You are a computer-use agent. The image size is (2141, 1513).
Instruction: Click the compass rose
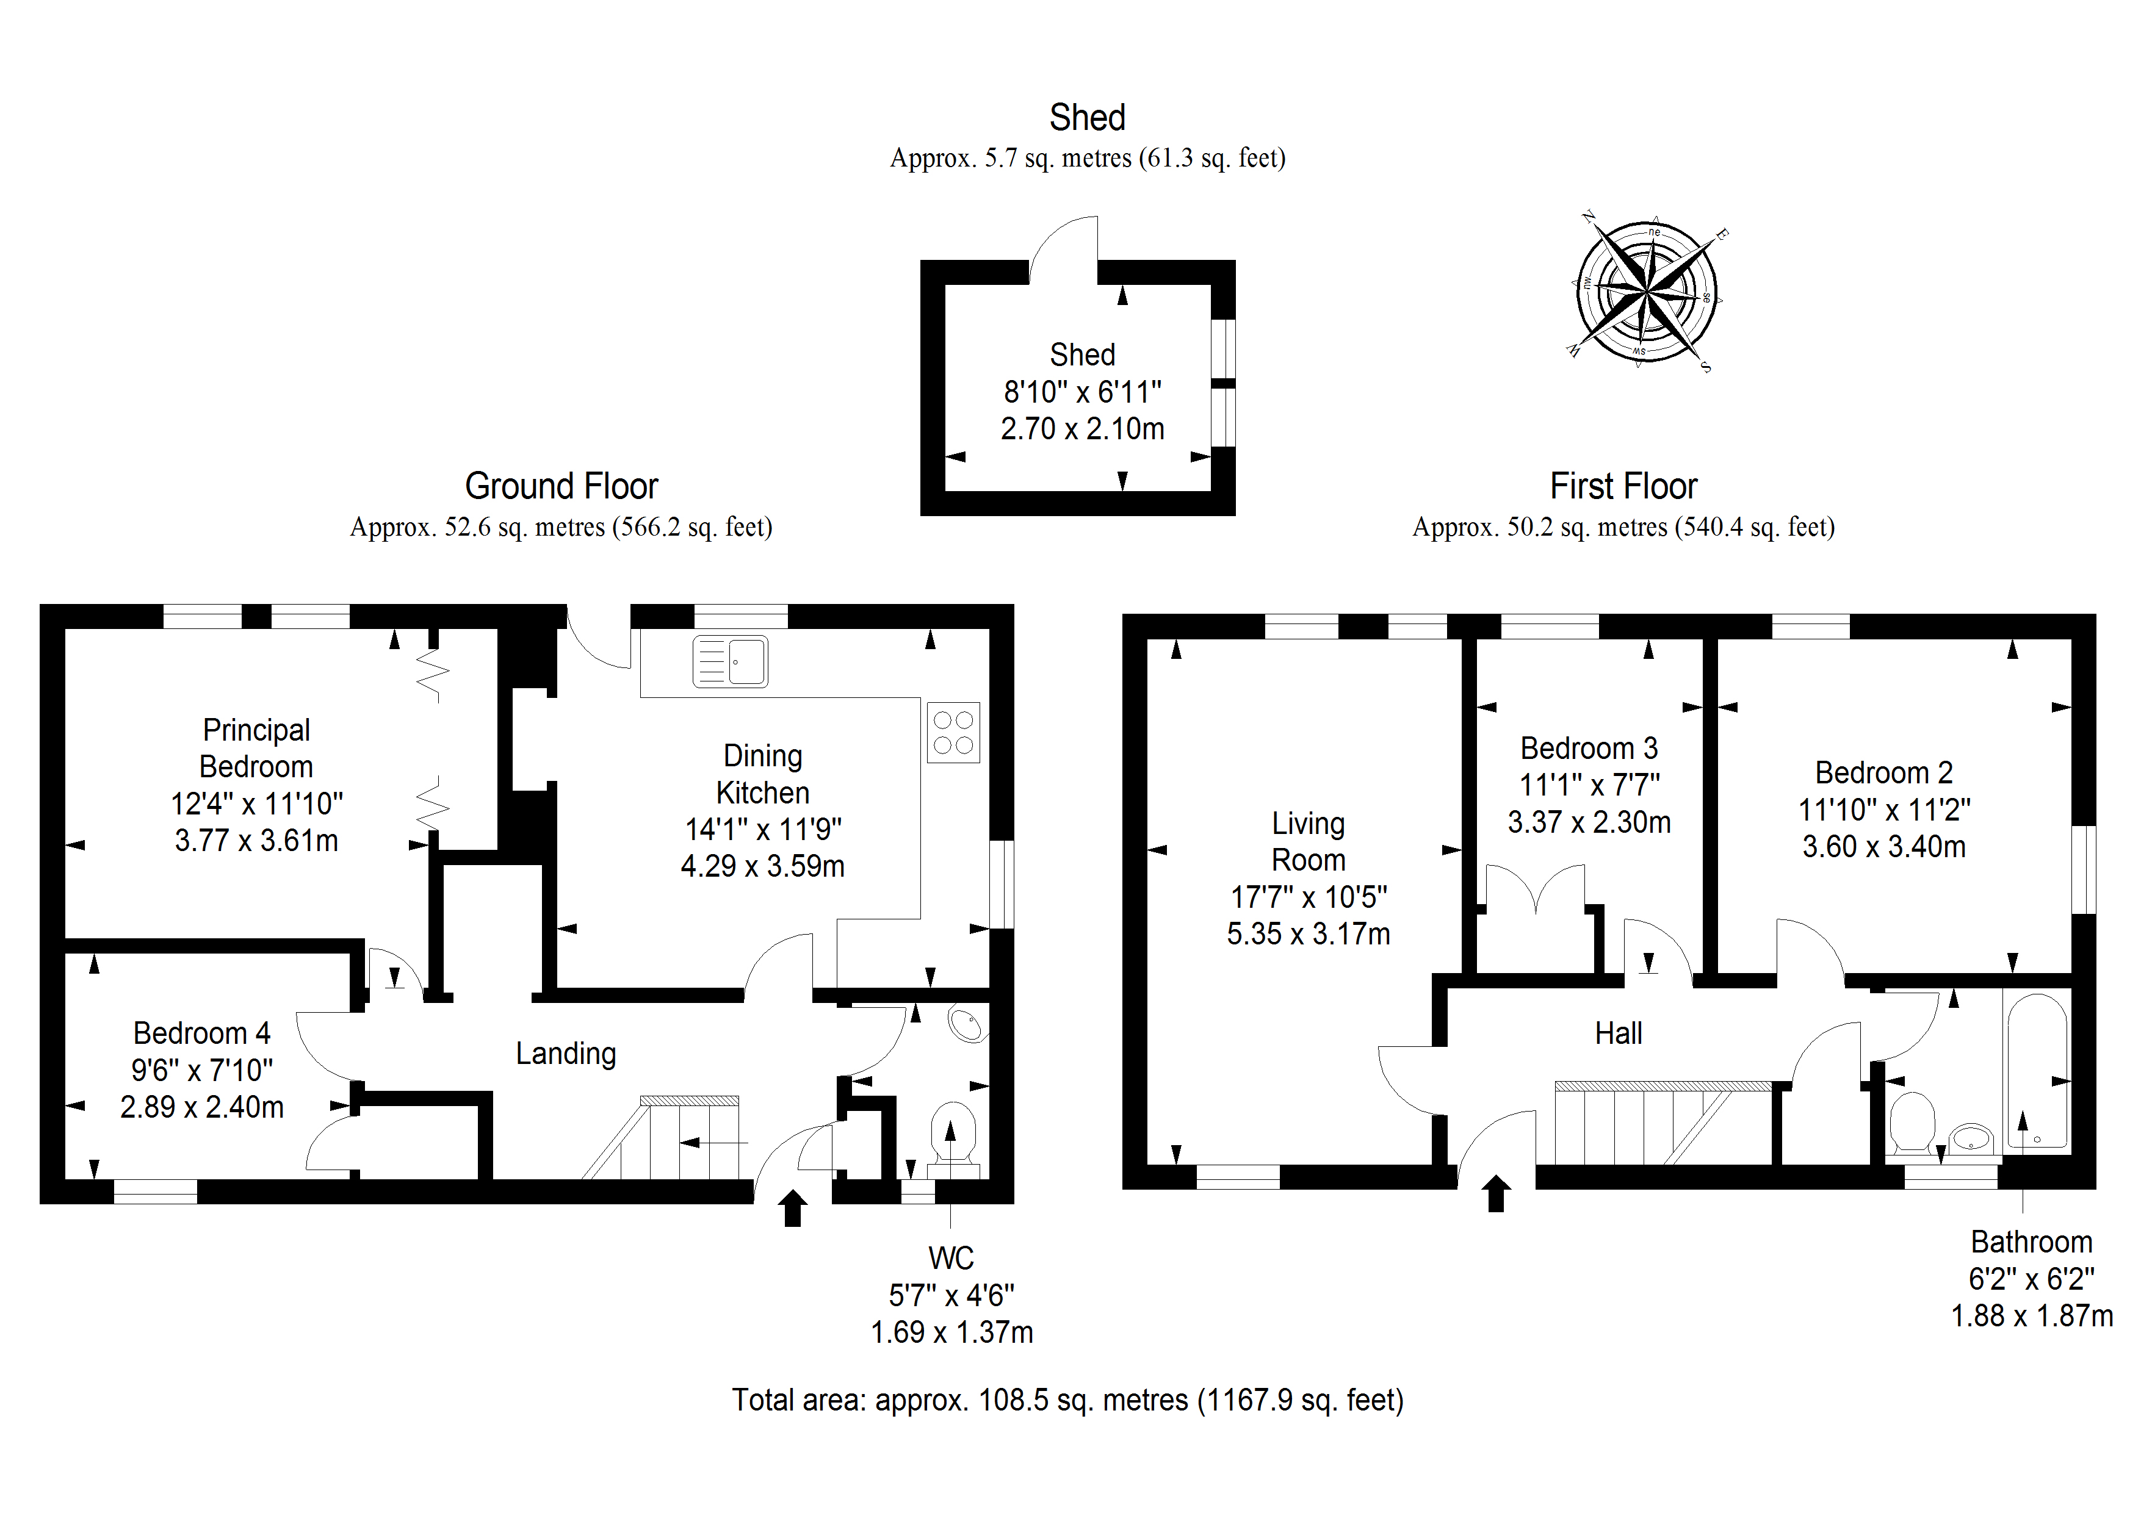click(1647, 293)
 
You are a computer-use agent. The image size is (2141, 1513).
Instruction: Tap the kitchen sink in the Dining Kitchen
click(730, 662)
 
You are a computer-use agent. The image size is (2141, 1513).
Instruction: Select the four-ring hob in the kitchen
click(953, 733)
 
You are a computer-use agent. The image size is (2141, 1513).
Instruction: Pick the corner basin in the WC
click(969, 1024)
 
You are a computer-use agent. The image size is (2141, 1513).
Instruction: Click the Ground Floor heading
click(561, 487)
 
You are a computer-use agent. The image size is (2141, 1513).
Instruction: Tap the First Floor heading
click(1623, 487)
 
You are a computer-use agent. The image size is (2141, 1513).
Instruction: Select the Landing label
click(566, 1054)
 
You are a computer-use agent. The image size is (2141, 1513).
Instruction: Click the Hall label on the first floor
click(1618, 1033)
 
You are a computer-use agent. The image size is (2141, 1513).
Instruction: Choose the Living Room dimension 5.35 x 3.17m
click(1309, 934)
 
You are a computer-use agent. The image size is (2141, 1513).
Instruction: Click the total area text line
click(1067, 1400)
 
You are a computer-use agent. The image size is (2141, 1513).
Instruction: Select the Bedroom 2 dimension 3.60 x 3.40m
click(1883, 846)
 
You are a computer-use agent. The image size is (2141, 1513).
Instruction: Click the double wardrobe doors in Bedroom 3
click(1535, 890)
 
